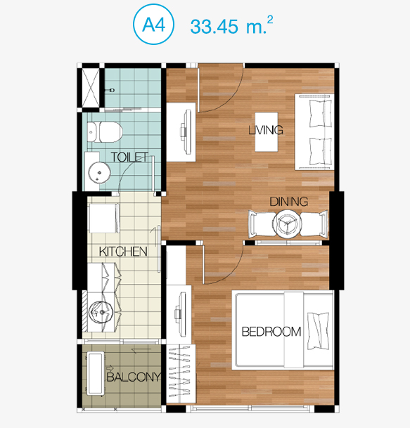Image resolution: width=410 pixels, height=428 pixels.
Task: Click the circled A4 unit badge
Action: [153, 25]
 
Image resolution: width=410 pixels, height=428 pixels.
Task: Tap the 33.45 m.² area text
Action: [231, 25]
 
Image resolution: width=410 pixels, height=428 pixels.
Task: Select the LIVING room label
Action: [266, 130]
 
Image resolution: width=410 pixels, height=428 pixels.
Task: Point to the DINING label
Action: [289, 202]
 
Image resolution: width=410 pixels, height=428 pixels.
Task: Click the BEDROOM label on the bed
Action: [271, 332]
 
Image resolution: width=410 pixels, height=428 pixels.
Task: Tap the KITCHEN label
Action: [123, 252]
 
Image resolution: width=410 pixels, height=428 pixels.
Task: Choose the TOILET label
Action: [129, 157]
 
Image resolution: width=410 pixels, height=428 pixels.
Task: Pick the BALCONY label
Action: [134, 377]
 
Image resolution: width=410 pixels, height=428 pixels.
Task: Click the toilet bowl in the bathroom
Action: [105, 132]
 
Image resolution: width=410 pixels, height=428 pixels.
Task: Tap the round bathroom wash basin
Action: [99, 172]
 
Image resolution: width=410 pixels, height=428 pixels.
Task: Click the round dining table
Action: [287, 223]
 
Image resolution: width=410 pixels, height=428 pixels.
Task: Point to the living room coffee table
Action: [267, 132]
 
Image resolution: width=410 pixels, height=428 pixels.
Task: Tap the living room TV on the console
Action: [186, 131]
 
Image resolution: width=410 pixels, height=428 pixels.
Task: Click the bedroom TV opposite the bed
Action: [180, 314]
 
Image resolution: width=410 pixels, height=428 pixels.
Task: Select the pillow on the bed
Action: [318, 331]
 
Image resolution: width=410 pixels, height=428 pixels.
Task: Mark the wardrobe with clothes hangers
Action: [181, 374]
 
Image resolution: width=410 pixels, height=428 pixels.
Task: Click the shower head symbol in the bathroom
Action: [111, 90]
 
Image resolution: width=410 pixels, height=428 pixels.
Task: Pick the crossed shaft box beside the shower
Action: [91, 88]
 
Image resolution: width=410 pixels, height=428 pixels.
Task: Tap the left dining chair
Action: [262, 223]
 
